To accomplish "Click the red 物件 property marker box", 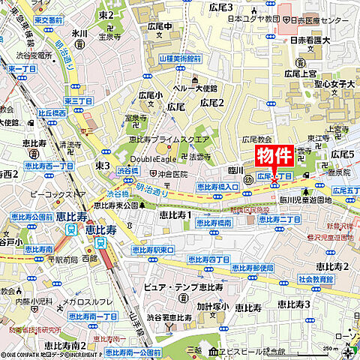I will click(274, 156).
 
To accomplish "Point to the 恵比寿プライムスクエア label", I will click(169, 139).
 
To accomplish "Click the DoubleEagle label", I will click(151, 159).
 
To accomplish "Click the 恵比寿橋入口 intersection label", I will click(218, 186).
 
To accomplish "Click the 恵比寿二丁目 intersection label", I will click(279, 219).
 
